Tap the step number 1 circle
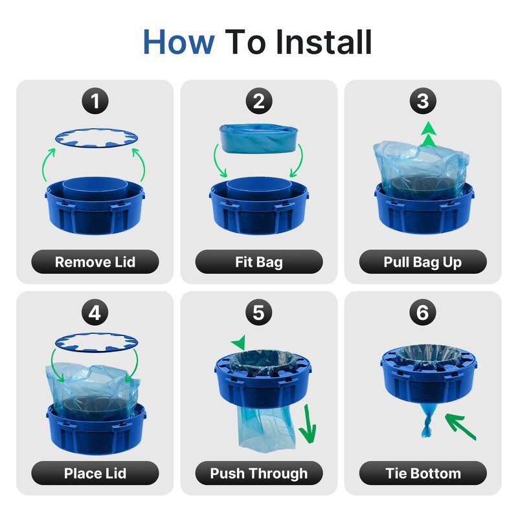(95, 102)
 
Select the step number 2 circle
(259, 102)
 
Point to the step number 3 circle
(423, 102)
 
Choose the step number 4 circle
(95, 313)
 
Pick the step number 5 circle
(259, 313)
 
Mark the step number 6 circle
(423, 313)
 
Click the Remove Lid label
(95, 262)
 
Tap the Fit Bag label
(259, 262)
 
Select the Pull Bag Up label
(423, 262)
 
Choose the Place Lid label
(95, 473)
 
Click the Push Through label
(259, 473)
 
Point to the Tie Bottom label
(423, 473)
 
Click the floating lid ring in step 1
(95, 137)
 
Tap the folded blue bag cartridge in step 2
(259, 138)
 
